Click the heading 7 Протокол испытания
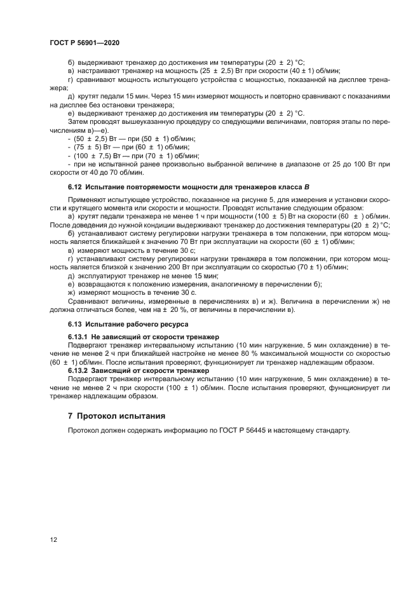[x=116, y=416]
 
